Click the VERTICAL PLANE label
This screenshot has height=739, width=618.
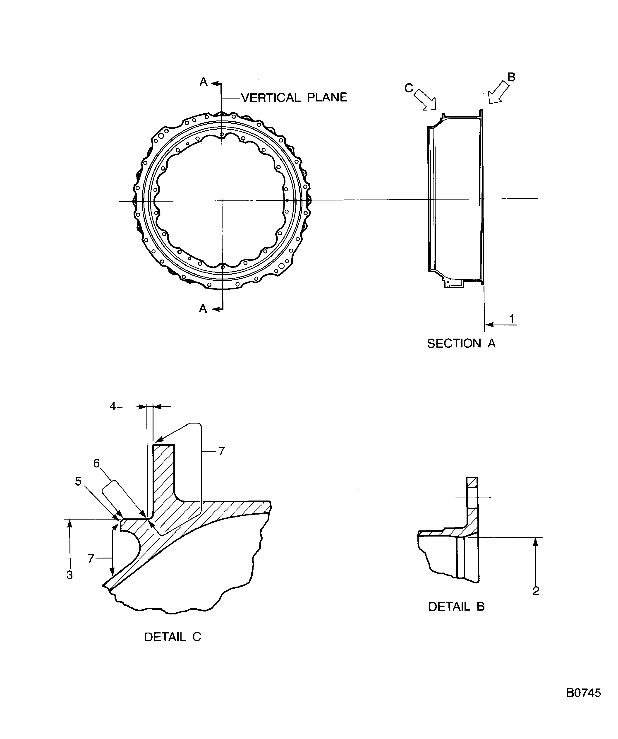[x=294, y=97]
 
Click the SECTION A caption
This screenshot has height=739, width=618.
[x=461, y=344]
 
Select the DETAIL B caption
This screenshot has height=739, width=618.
[x=456, y=606]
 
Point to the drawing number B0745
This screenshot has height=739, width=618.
[x=583, y=693]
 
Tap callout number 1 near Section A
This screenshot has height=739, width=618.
[x=512, y=319]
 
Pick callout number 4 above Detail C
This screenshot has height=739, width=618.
[x=113, y=407]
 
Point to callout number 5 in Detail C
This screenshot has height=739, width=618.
[x=78, y=481]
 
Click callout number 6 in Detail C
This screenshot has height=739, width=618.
[x=96, y=463]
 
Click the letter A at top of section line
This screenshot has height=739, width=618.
[x=203, y=82]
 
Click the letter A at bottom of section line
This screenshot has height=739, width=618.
[x=203, y=309]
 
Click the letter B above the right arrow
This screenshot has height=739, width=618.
[x=511, y=77]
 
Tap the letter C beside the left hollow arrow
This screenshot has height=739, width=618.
[x=408, y=88]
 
